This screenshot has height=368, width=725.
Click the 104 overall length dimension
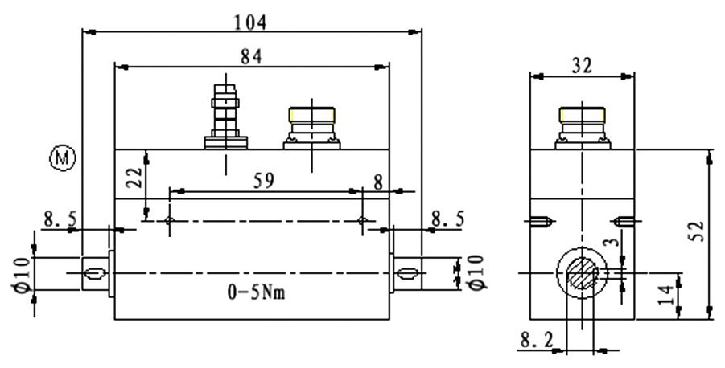(x=250, y=22)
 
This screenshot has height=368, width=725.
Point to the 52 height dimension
(x=698, y=231)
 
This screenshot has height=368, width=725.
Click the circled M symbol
(x=62, y=159)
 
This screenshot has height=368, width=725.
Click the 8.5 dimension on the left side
(x=60, y=219)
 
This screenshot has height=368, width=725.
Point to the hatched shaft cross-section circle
(x=582, y=274)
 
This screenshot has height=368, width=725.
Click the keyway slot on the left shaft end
(x=94, y=274)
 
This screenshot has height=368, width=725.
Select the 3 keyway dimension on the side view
(x=616, y=243)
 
